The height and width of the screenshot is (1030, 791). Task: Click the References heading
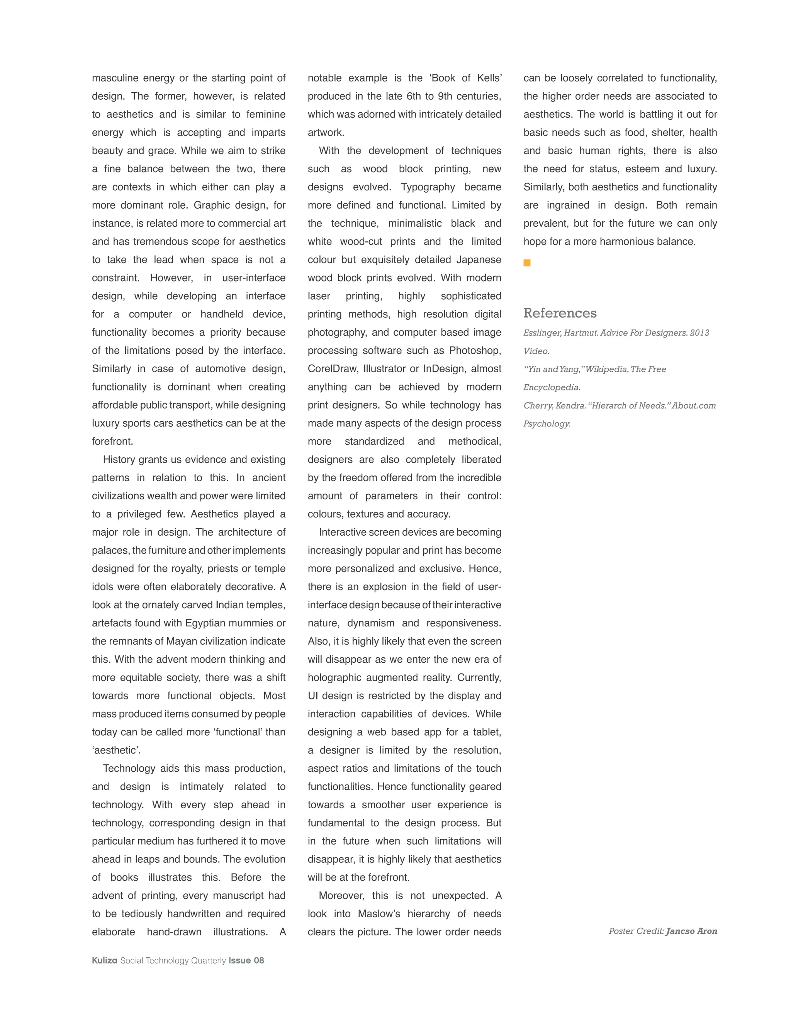pos(560,313)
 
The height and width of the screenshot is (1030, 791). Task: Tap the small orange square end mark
pos(527,263)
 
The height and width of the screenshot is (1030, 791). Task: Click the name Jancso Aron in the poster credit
pos(691,931)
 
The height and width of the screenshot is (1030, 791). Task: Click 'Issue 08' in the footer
pos(246,960)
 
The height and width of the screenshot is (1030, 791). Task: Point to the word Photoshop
pos(475,350)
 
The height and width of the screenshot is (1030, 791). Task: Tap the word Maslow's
pos(379,913)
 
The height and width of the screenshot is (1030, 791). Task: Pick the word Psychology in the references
pos(547,424)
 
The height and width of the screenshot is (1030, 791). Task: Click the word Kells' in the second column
pos(489,78)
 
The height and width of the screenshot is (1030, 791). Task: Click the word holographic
pos(335,677)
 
